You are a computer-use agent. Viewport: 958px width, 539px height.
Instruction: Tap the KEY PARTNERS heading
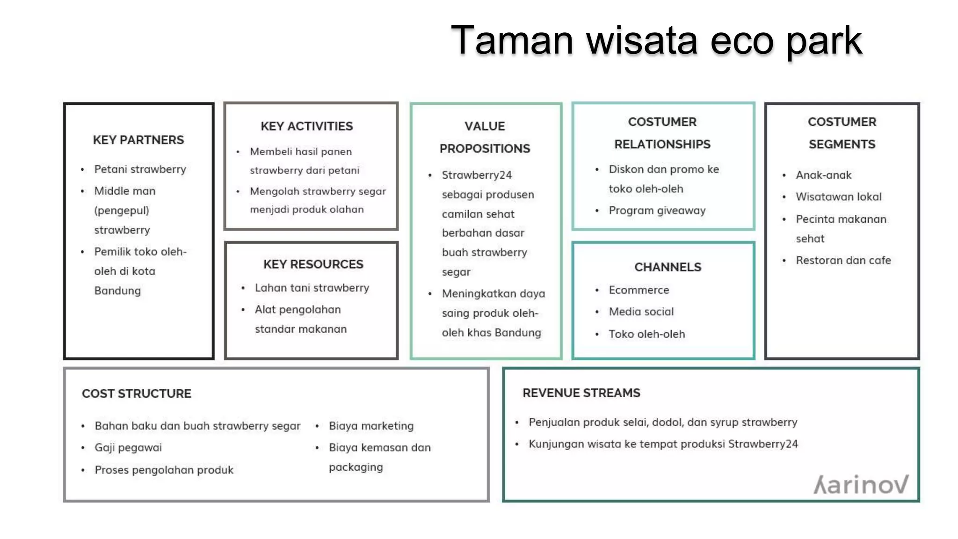click(x=138, y=140)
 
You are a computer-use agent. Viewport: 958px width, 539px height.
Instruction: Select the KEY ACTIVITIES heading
click(x=307, y=126)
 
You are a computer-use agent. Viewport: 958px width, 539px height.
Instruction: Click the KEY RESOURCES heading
click(x=313, y=264)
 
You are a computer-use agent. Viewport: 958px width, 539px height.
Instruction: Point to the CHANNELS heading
click(x=668, y=267)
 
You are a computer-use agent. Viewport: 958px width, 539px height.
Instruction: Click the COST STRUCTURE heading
click(x=137, y=394)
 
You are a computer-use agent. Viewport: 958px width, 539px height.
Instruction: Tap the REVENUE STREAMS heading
click(x=581, y=393)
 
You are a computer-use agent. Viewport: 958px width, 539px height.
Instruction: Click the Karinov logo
click(x=861, y=485)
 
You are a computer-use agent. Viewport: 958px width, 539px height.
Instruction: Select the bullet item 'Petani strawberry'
click(x=140, y=169)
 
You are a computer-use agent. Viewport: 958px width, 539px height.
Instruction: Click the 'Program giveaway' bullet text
click(x=657, y=211)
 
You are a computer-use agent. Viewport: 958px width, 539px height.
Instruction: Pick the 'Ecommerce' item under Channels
click(x=639, y=290)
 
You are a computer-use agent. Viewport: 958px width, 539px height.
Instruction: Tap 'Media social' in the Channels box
click(x=641, y=312)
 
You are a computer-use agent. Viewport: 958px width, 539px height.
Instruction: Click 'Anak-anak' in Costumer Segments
click(x=823, y=175)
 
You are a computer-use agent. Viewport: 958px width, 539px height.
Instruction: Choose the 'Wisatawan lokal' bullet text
click(x=838, y=197)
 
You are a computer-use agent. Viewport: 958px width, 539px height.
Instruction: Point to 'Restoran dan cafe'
click(x=843, y=261)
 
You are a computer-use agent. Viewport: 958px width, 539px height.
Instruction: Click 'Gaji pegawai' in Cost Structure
click(x=128, y=448)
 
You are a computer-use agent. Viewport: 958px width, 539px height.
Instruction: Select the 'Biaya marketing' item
click(x=371, y=426)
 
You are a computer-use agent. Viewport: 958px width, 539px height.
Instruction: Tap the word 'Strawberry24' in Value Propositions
click(x=477, y=175)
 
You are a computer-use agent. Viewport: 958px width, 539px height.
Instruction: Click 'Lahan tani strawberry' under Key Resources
click(x=312, y=288)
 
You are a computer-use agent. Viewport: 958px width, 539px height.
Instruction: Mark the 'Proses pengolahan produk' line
click(x=164, y=470)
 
